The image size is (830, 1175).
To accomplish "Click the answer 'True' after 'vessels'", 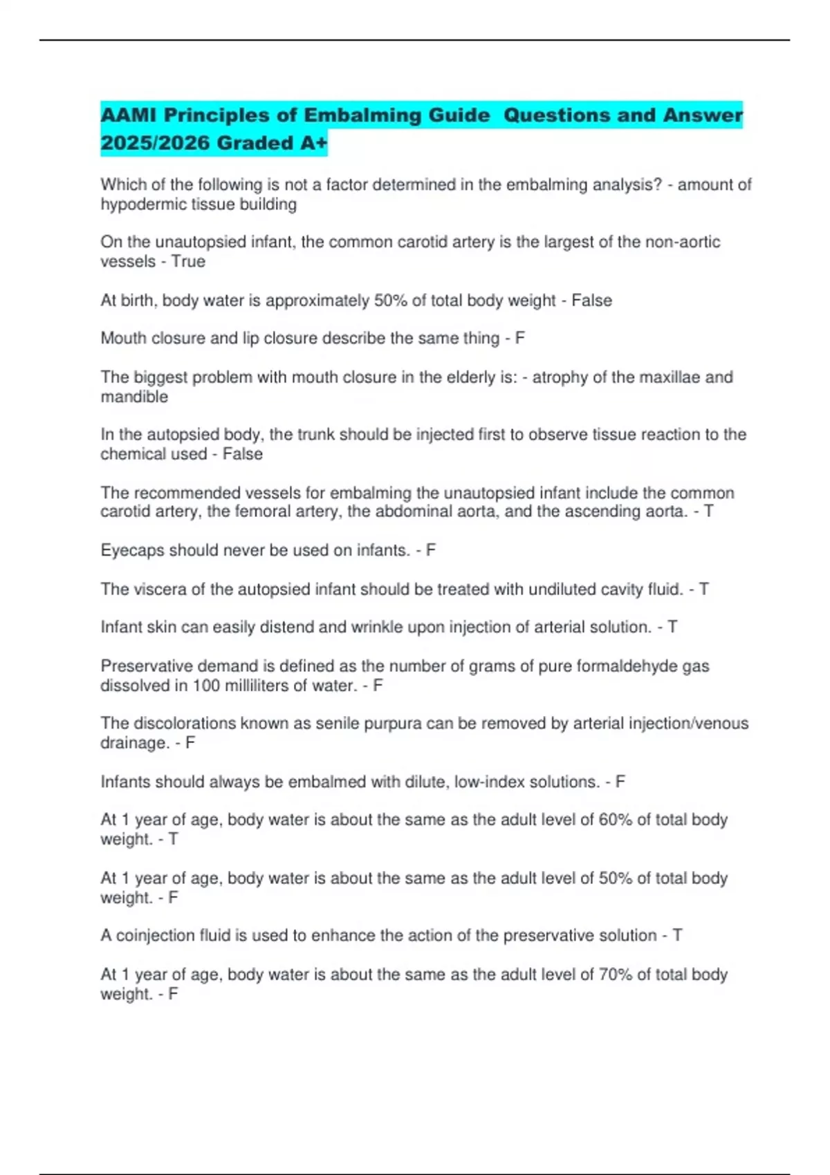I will click(188, 262).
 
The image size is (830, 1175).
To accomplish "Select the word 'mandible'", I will click(134, 397).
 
